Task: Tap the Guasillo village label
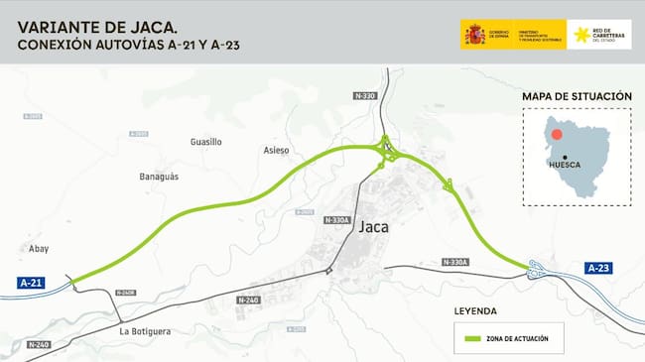pyautogui.click(x=205, y=142)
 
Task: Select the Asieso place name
pyautogui.click(x=276, y=151)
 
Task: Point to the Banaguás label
pyautogui.click(x=159, y=177)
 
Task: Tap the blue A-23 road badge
pyautogui.click(x=597, y=268)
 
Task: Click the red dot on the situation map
pyautogui.click(x=558, y=134)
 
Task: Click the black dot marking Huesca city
pyautogui.click(x=564, y=156)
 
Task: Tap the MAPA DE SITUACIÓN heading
pyautogui.click(x=577, y=96)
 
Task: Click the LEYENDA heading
pyautogui.click(x=475, y=310)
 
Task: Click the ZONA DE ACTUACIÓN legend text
pyautogui.click(x=515, y=339)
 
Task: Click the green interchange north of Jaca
pyautogui.click(x=389, y=152)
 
